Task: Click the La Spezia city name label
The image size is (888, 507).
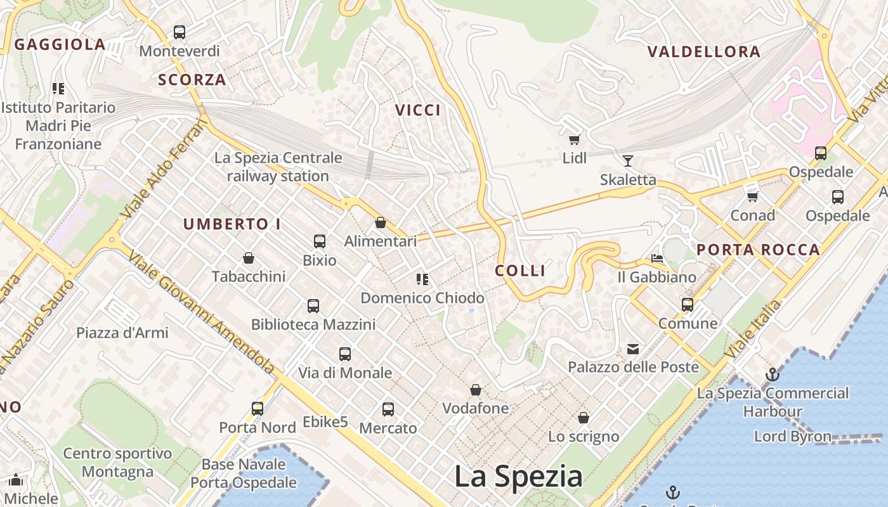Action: (x=518, y=477)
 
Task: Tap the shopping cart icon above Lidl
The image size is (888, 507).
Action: (x=575, y=139)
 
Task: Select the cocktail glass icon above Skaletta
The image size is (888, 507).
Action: (x=628, y=160)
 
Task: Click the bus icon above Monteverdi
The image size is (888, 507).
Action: (x=180, y=32)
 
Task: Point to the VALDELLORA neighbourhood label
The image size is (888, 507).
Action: (x=703, y=52)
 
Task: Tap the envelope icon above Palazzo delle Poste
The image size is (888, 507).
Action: (x=633, y=349)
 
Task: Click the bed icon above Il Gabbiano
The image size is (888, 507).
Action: (x=657, y=259)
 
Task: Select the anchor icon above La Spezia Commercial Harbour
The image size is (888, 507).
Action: (x=772, y=375)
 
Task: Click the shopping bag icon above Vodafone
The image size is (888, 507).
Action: (x=476, y=390)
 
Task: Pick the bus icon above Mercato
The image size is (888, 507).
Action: (x=388, y=409)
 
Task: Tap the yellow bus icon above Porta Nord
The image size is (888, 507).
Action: (x=257, y=409)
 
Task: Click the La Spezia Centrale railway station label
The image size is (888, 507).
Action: (x=278, y=167)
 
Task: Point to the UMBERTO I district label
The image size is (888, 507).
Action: (x=232, y=224)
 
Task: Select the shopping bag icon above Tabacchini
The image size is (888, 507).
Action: (x=249, y=258)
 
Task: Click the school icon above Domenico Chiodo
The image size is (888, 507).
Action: (x=422, y=279)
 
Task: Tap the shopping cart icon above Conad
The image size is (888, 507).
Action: (x=753, y=196)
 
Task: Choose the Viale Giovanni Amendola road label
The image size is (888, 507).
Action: (x=202, y=312)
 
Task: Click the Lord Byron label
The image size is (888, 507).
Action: (x=792, y=437)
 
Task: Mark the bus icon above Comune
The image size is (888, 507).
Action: (x=688, y=305)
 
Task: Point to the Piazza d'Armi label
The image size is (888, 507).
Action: (x=122, y=333)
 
